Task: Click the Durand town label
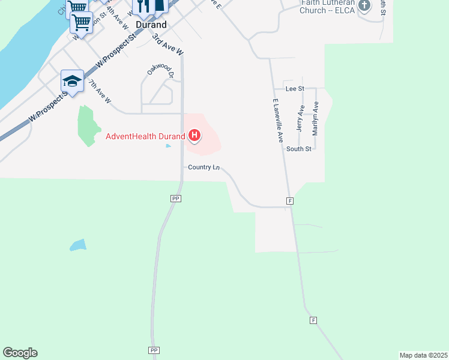tap(151, 25)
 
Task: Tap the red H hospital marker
tap(194, 136)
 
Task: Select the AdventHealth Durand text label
tap(145, 136)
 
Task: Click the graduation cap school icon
tap(72, 81)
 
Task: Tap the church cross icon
tap(364, 6)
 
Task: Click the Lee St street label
tap(295, 88)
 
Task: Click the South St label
tap(298, 149)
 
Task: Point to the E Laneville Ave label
tap(277, 120)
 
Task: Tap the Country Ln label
tap(203, 167)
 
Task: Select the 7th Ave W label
tap(100, 91)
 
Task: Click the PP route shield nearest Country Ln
tap(176, 198)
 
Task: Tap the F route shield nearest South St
tap(290, 201)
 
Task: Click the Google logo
tap(20, 353)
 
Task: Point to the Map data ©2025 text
tap(424, 355)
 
